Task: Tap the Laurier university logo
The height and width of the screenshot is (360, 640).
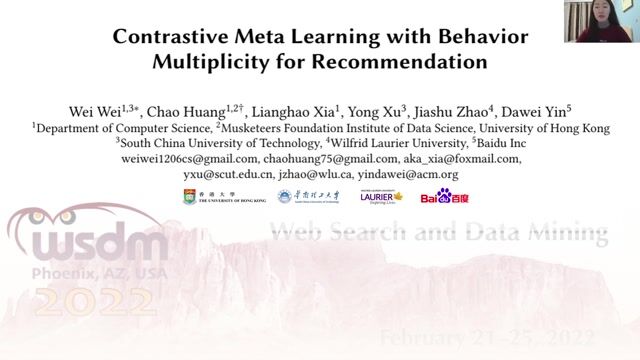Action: coord(380,196)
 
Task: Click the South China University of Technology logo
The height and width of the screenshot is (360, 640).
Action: coord(309,196)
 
